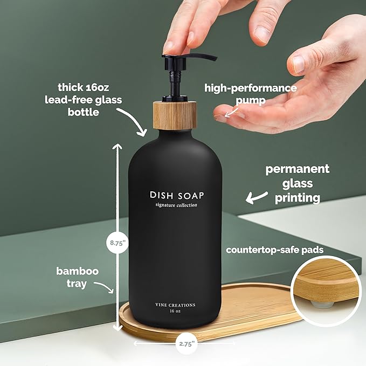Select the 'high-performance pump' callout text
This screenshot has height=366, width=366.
click(x=250, y=94)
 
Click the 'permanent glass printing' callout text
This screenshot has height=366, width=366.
click(x=297, y=184)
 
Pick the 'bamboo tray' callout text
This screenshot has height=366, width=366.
click(x=78, y=277)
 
